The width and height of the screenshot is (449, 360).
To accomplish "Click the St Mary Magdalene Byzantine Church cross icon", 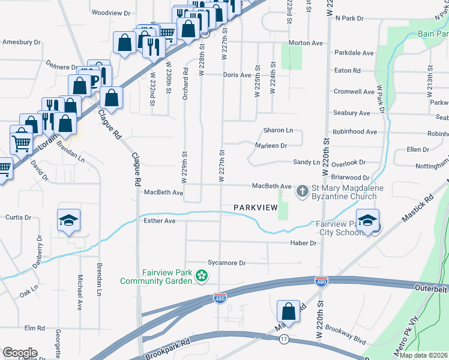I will tap(303, 191).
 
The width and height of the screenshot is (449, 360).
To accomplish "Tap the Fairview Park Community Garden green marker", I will tap(202, 276).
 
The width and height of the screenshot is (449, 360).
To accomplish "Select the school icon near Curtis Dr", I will tap(69, 220).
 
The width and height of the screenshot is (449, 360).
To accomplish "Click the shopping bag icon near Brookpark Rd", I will tap(288, 311).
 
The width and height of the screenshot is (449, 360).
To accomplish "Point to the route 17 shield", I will tap(283, 339).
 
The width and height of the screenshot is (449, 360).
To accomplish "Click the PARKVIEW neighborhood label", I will tap(255, 208).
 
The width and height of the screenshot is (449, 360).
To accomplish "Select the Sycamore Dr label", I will tap(227, 263).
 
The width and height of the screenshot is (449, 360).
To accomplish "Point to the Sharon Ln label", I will tap(278, 130).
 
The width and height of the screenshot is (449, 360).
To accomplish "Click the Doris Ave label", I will tap(237, 75).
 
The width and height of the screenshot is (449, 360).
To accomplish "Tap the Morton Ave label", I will tap(306, 43).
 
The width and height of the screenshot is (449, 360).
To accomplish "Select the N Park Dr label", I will tap(349, 19).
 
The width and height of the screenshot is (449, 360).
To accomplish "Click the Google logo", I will tap(20, 353).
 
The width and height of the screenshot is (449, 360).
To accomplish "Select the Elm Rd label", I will tap(35, 328).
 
